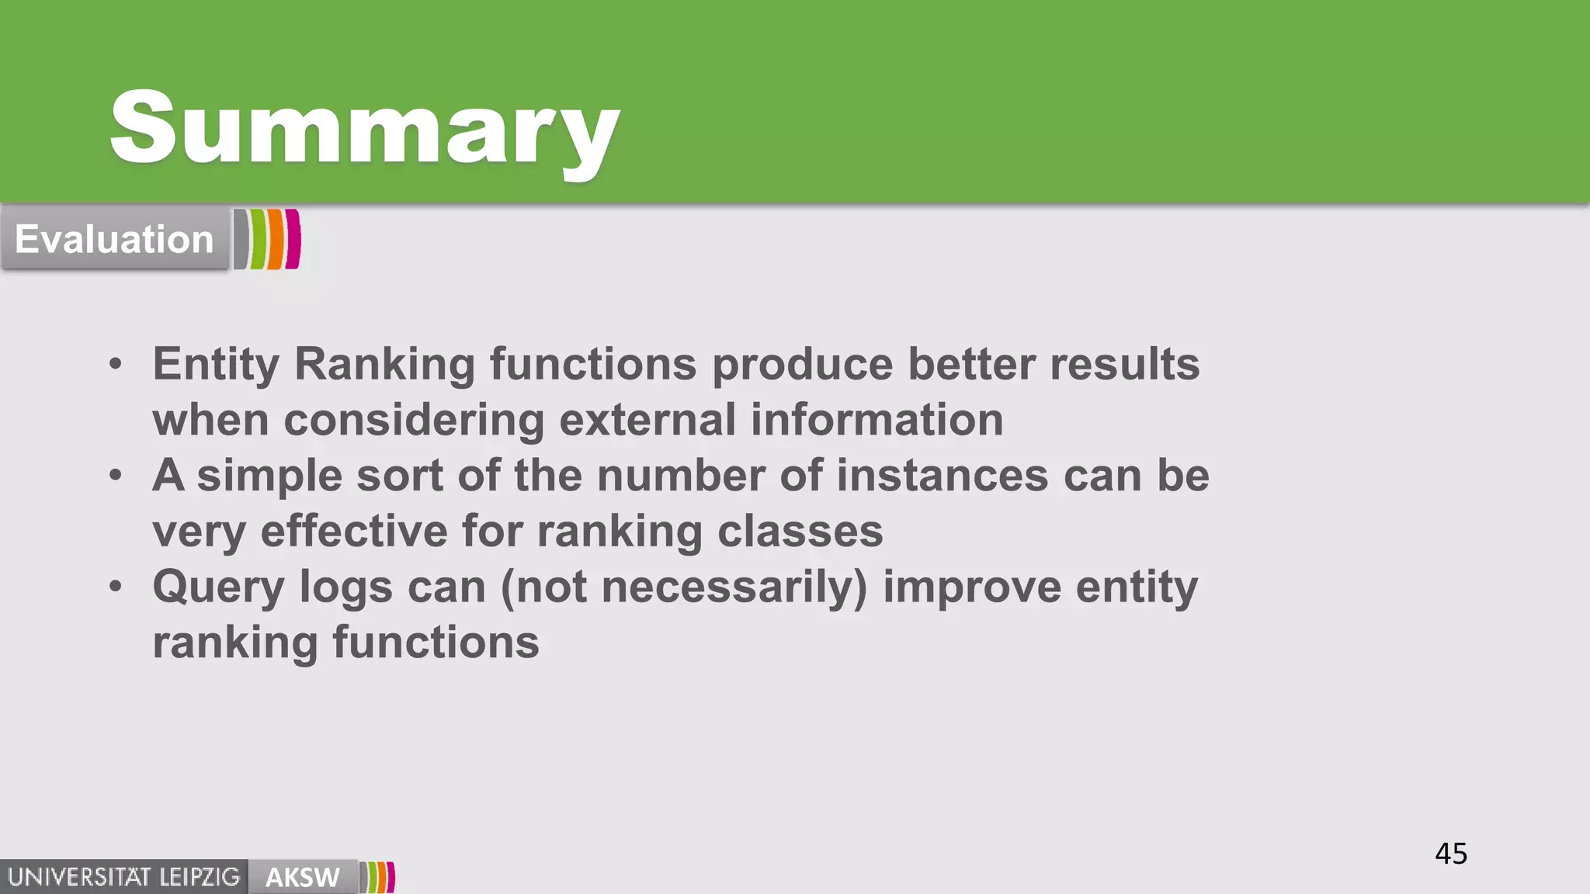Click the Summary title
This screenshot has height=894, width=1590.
click(x=365, y=128)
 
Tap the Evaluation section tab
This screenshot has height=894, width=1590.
click(x=114, y=239)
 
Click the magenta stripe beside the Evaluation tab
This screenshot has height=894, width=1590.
click(x=293, y=239)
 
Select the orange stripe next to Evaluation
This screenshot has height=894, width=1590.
click(x=276, y=239)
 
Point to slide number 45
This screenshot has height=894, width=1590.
click(x=1450, y=854)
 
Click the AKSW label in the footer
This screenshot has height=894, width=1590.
click(x=302, y=877)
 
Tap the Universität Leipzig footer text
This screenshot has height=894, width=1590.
click(x=123, y=877)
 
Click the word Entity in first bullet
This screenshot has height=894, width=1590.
click(x=215, y=364)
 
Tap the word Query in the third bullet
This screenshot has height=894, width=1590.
click(x=218, y=587)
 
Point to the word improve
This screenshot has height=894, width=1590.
click(x=971, y=587)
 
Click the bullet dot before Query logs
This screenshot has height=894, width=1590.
click(x=116, y=586)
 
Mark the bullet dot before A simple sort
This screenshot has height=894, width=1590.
click(x=116, y=474)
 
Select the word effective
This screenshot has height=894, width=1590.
click(x=353, y=532)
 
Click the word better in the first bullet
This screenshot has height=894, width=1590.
click(x=970, y=364)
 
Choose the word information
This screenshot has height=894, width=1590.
click(x=877, y=420)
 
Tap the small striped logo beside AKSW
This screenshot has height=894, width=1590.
click(x=379, y=877)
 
